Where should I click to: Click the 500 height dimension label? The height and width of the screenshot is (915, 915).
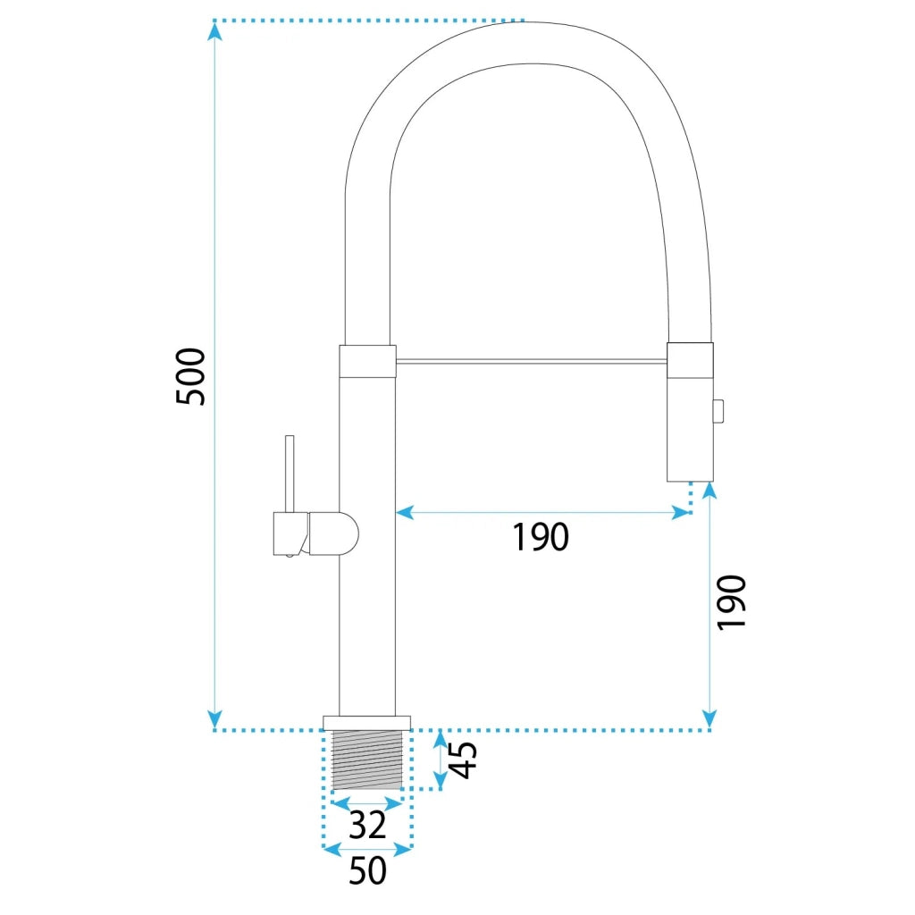pos(191,376)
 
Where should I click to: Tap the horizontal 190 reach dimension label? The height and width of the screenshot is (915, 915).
pos(541,537)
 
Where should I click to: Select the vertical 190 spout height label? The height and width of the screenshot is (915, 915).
pos(732,603)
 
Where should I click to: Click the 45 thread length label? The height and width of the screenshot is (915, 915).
pos(465,760)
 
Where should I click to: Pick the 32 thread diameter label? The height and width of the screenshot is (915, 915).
pos(367,825)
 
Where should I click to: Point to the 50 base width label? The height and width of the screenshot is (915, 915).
pos(367,870)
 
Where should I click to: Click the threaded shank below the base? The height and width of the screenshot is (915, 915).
pos(367,760)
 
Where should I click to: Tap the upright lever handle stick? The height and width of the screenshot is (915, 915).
pos(290,474)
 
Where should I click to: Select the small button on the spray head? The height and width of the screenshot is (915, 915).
pos(718,411)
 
